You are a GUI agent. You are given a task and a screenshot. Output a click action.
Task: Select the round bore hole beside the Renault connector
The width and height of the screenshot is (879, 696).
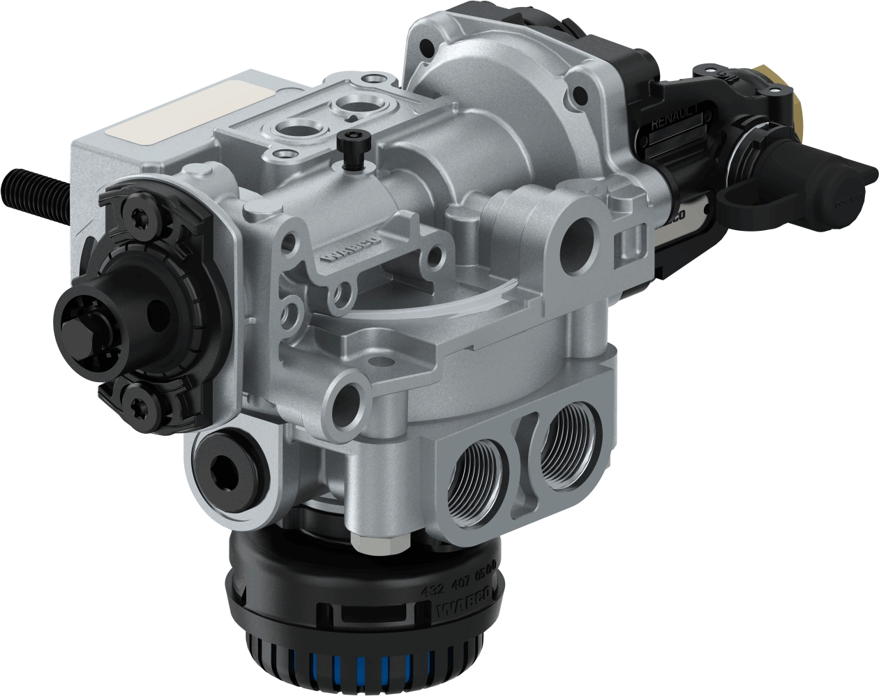pyautogui.click(x=579, y=238)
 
